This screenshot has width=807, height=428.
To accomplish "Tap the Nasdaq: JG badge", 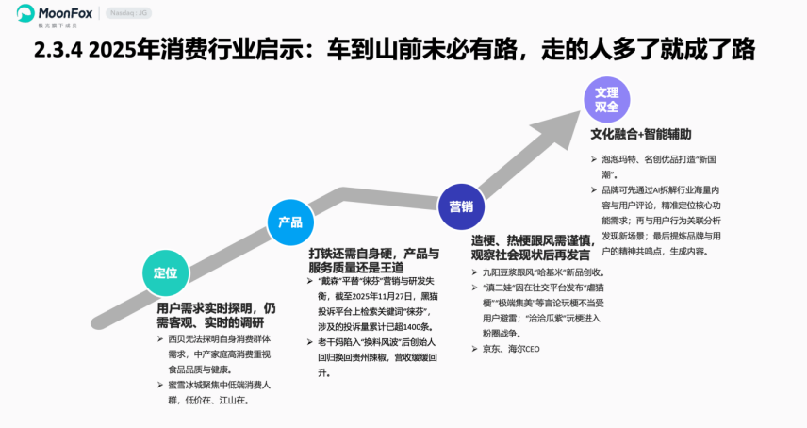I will coord(127,13).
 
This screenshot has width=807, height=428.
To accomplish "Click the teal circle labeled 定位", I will coord(165,273).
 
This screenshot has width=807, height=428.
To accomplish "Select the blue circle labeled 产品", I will coord(290,222).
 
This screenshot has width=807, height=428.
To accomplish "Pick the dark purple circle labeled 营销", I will coord(461,206).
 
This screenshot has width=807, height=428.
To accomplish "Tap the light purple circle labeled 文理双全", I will coord(607,100).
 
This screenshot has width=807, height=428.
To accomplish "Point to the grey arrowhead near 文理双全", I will coord(566,118).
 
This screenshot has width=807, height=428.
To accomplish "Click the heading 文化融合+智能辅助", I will coord(641,134).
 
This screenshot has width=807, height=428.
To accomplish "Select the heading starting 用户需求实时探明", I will coord(216,315).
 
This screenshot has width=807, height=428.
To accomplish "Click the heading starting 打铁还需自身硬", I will coord(373,260).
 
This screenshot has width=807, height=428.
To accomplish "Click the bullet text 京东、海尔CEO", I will coord(513,349).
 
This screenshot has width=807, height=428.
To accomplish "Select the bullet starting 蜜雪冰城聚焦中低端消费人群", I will coord(218,392).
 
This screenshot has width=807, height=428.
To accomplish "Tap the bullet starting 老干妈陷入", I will coord(371,357).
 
